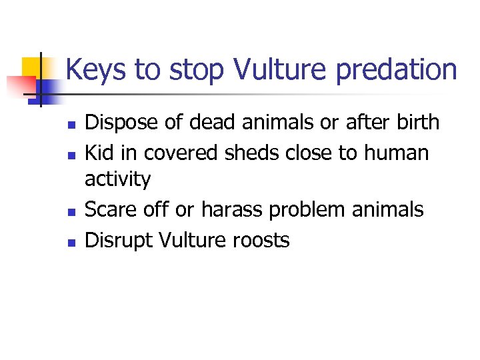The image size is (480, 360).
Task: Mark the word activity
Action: pos(117,180)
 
